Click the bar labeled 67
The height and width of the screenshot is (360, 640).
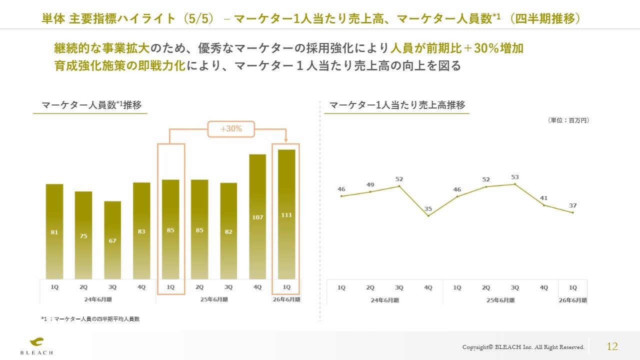112,240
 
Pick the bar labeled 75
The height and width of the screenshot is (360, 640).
83,235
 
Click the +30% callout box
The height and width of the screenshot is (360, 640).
231,129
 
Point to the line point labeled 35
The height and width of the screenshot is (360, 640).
428,216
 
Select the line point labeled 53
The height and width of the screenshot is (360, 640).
515,184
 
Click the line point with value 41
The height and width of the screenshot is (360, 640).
544,205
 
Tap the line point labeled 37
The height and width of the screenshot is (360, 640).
573,212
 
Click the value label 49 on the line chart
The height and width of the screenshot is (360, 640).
370,184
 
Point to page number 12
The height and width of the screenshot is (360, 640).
612,346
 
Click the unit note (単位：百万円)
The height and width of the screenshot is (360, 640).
568,120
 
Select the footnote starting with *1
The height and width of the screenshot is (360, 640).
90,318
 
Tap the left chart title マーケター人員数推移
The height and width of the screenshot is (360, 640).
91,105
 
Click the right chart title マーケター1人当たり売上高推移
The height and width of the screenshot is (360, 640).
397,105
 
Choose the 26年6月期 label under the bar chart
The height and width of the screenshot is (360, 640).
286,300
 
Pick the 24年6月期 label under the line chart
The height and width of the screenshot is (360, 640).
384,300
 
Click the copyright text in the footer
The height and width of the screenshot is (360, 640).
523,347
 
